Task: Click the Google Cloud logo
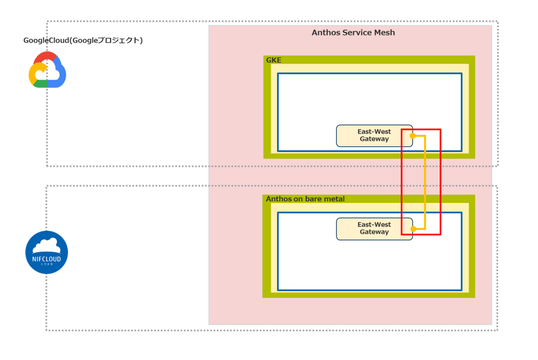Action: pos(47,70)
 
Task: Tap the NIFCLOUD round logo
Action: pos(47,252)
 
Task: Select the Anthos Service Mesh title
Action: pos(353,33)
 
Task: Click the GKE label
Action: pos(274,60)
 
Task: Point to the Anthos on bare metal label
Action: pos(305,199)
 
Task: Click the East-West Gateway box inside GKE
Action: pos(374,135)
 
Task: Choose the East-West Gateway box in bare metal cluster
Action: pos(374,229)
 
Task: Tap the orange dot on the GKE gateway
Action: pos(412,135)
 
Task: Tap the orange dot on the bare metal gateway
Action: pos(412,229)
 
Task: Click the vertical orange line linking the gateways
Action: pos(425,182)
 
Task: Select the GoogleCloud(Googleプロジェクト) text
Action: pos(83,40)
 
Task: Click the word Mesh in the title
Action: pos(385,33)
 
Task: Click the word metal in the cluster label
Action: pos(335,199)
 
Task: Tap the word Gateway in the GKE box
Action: pos(374,139)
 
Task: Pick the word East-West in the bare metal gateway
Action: pos(374,225)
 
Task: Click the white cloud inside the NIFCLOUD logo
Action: pos(47,245)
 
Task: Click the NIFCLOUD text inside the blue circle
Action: pos(47,259)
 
